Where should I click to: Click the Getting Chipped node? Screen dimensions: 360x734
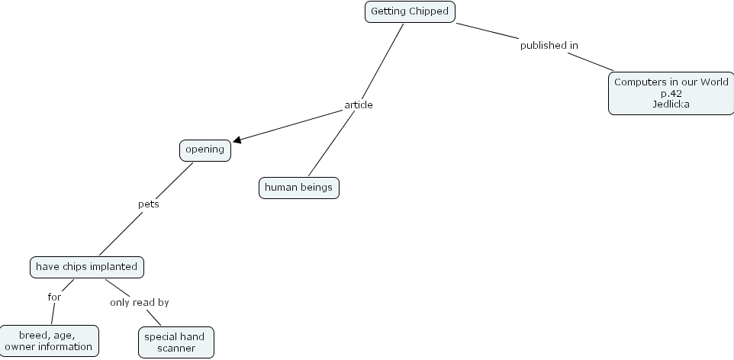point(410,12)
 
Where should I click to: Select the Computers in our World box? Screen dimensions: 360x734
point(671,93)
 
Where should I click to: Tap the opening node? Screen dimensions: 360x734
point(204,149)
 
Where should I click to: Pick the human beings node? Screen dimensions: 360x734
point(299,187)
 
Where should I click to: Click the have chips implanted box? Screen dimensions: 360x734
point(87,267)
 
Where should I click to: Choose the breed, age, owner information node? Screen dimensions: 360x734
point(49,341)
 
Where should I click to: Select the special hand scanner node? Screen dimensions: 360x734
point(176,342)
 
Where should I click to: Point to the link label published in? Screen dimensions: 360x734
point(549,46)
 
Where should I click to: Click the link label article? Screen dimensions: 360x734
point(359,104)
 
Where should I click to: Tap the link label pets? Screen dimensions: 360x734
point(148,204)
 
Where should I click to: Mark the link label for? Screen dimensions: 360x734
point(54,297)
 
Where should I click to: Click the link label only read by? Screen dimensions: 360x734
point(139,303)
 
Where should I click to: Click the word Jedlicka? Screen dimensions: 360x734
point(671,104)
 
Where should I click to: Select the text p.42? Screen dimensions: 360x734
point(671,93)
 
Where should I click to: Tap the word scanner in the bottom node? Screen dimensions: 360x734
point(176,349)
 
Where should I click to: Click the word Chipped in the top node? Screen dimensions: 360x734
point(429,12)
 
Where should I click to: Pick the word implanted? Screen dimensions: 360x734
point(115,267)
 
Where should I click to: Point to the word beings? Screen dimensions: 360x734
point(316,187)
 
